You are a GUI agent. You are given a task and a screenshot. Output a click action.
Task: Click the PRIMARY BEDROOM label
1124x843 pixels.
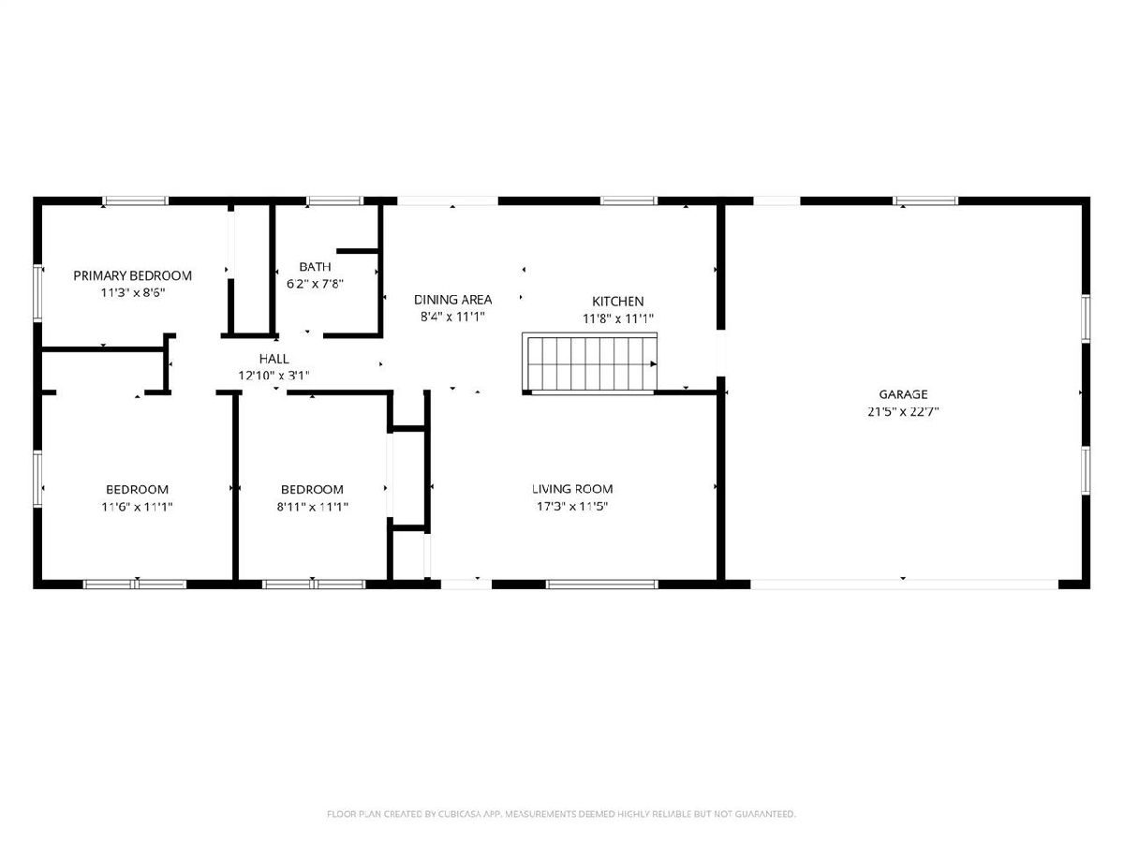pos(133,276)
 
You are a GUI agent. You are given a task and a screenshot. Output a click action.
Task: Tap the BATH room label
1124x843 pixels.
pos(315,267)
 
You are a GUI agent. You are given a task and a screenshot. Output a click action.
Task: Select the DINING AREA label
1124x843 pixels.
pos(452,300)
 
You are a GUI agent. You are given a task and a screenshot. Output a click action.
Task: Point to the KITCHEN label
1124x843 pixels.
pos(617,302)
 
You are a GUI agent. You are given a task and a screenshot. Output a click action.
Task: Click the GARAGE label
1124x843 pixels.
pos(903,394)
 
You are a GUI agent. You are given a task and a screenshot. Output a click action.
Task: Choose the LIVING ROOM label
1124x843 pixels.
pos(572,489)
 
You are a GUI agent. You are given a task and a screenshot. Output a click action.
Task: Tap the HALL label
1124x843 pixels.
pos(274,359)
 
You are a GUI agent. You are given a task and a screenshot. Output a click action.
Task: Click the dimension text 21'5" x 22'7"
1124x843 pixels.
pos(903,411)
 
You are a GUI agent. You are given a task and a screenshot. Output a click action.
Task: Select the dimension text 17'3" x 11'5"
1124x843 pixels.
pos(572,506)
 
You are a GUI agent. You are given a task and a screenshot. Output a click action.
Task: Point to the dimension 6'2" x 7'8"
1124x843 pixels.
pos(315,284)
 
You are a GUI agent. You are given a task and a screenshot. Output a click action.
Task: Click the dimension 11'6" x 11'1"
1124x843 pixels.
pos(137,507)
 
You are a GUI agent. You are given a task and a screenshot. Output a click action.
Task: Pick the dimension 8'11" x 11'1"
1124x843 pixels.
pos(312,507)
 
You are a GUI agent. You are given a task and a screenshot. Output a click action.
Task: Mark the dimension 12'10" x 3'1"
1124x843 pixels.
pos(274,376)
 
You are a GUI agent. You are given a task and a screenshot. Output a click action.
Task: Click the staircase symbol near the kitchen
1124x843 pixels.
pos(589,363)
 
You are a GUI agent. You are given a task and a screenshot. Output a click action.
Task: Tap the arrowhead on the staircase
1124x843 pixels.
pos(654,364)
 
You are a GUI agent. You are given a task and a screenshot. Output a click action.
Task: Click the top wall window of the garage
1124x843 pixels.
pos(925,200)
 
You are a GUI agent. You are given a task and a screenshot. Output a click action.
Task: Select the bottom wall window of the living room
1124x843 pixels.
pos(601,584)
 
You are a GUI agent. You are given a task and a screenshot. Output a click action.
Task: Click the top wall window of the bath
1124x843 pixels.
pos(335,200)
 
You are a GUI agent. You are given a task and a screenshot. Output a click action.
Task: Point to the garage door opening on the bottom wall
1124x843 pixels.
pos(904,584)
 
